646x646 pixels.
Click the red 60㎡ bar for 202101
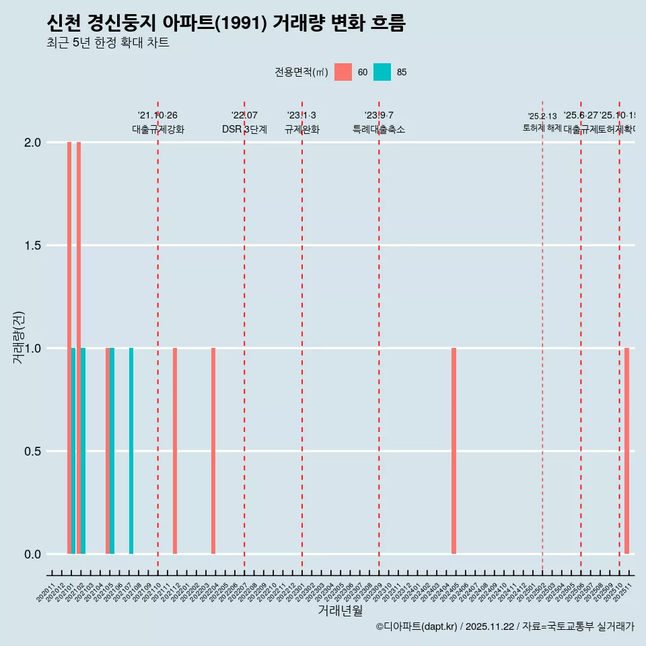click(x=69, y=348)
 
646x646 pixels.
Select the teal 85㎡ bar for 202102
click(x=83, y=451)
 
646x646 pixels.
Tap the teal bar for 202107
click(x=131, y=451)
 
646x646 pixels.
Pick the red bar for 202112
click(x=175, y=451)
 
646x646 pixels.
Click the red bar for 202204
click(x=213, y=451)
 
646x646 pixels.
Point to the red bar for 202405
click(x=454, y=451)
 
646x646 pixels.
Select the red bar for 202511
click(x=626, y=451)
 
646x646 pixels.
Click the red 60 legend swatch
click(x=343, y=72)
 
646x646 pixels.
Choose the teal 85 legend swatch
click(x=382, y=72)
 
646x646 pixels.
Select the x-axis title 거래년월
click(x=340, y=611)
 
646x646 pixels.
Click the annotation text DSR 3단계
click(x=244, y=129)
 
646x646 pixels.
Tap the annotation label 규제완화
click(x=301, y=129)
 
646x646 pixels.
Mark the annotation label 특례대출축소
click(x=379, y=129)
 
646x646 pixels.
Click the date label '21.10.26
click(x=157, y=116)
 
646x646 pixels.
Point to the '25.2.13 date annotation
click(x=542, y=116)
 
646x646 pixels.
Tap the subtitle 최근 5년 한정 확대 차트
click(x=108, y=43)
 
